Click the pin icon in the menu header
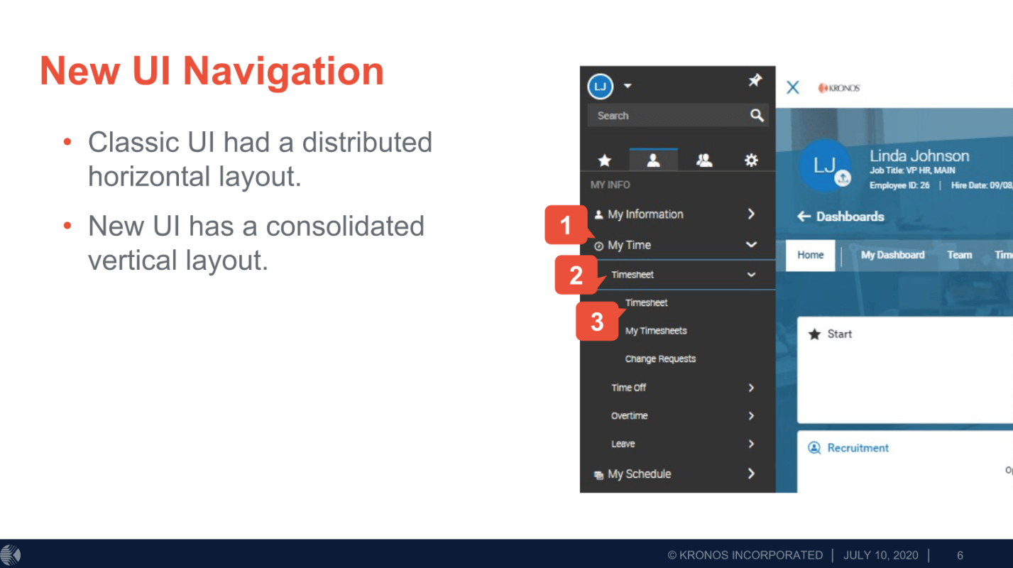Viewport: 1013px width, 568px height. (x=755, y=80)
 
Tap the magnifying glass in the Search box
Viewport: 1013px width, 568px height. (x=757, y=115)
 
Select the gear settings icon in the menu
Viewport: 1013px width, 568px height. (x=751, y=160)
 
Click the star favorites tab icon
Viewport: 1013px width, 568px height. (x=605, y=160)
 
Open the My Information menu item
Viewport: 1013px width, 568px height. (x=645, y=214)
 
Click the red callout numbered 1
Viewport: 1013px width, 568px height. (x=565, y=225)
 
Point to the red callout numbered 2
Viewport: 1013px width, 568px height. (x=576, y=275)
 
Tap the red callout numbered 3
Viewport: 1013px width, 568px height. (x=597, y=322)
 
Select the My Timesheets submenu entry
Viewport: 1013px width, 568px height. (x=656, y=331)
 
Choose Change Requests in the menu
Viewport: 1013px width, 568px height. (x=660, y=359)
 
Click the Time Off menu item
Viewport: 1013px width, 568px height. (x=629, y=388)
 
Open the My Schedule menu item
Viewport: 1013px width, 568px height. (x=639, y=474)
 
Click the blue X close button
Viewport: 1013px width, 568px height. (x=793, y=87)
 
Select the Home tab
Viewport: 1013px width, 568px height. (x=811, y=255)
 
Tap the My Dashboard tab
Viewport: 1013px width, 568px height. (x=893, y=255)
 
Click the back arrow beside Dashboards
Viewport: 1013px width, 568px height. (x=804, y=217)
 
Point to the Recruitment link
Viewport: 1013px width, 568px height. (x=858, y=448)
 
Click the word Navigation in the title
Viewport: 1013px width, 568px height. (x=283, y=71)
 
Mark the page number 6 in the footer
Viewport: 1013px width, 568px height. (x=960, y=555)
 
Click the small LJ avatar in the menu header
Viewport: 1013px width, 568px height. (x=600, y=86)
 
